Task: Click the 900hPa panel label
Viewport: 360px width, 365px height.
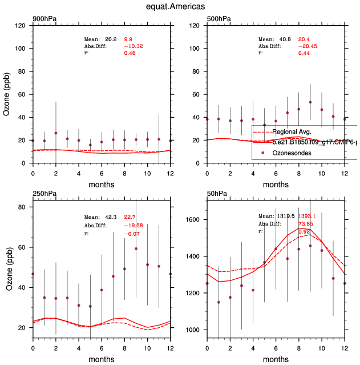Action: click(45, 19)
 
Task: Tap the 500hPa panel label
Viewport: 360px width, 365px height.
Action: click(219, 19)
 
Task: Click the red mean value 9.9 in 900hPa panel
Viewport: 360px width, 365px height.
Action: click(128, 39)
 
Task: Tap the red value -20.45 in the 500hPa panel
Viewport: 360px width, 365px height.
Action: click(307, 46)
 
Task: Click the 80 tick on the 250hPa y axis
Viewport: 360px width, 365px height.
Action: click(25, 207)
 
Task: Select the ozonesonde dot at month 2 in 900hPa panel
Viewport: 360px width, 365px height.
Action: click(56, 133)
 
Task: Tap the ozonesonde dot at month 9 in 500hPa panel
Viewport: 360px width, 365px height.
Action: click(310, 102)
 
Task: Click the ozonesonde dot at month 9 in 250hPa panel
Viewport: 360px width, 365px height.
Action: click(136, 248)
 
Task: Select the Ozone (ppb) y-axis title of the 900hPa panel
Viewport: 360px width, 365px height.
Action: click(7, 94)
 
